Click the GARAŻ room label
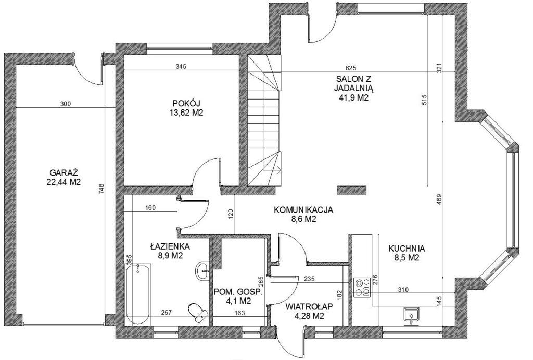point(64,172)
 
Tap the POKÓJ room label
point(186,103)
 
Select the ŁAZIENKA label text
point(170,246)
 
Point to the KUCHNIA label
point(407,249)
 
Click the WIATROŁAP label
point(309,306)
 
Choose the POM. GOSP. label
point(238,292)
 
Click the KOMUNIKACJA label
point(303,210)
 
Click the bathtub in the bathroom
point(138,294)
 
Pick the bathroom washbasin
point(203,271)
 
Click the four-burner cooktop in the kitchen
point(362,288)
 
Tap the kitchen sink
point(412,315)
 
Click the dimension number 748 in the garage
point(101,189)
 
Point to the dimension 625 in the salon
point(350,67)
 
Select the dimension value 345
point(181,66)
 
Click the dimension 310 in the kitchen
point(403,290)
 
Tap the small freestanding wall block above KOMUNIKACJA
point(351,190)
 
